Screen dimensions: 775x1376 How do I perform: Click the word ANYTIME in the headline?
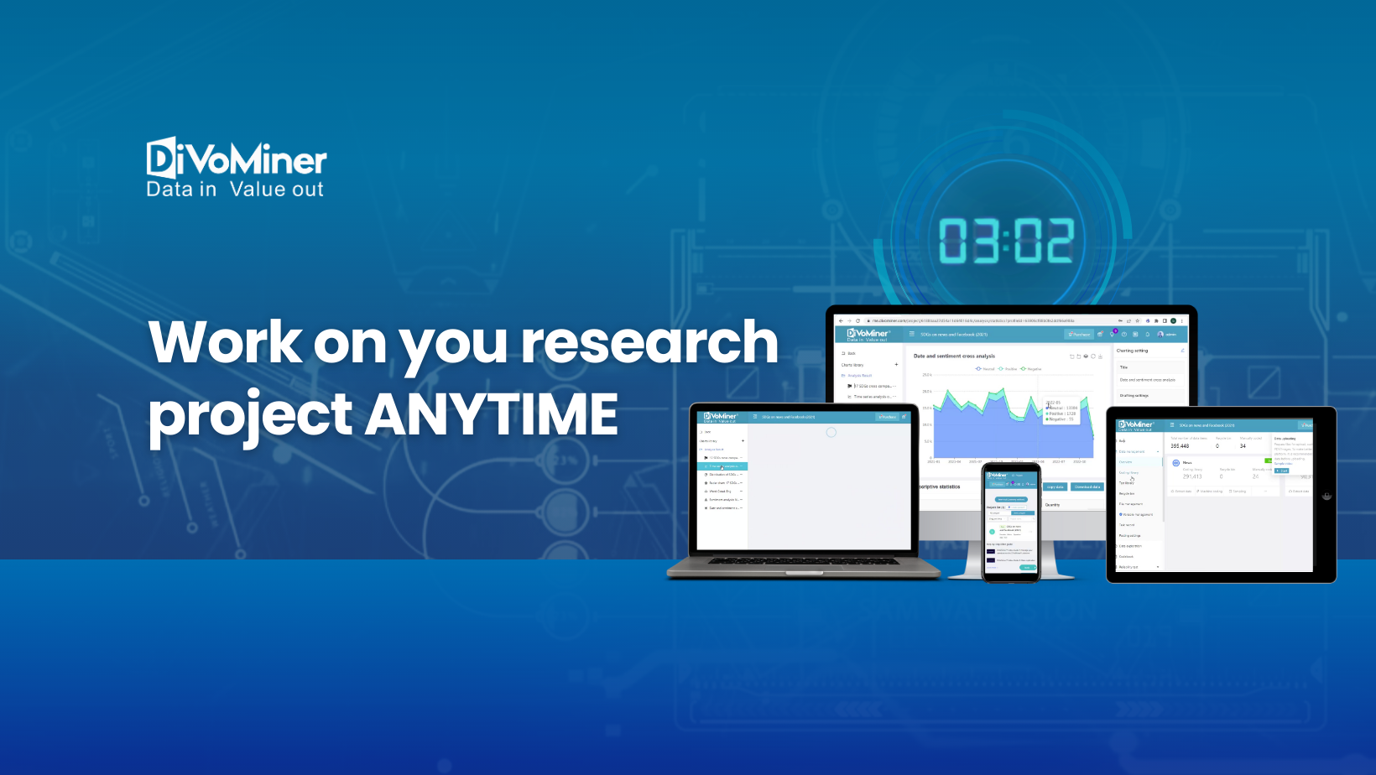tap(492, 414)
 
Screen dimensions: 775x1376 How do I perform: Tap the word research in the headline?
tap(649, 342)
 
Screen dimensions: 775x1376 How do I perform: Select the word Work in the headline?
tap(225, 342)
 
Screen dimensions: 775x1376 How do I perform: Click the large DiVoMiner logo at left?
tap(237, 159)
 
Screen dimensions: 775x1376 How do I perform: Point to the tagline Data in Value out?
tap(235, 190)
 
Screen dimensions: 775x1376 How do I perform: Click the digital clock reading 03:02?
tap(1005, 241)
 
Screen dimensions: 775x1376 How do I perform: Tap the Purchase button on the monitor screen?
tap(1079, 334)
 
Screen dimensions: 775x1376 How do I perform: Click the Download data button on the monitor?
tap(1087, 486)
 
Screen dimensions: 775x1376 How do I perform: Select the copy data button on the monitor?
tap(1055, 486)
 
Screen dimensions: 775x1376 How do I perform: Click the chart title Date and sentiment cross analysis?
tap(954, 356)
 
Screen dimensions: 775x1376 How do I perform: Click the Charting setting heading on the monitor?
tap(1132, 351)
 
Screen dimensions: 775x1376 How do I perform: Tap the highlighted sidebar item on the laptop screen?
tap(722, 466)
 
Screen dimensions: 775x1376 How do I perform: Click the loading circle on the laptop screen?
tap(831, 433)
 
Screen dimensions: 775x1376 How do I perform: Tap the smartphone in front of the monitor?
tap(1011, 522)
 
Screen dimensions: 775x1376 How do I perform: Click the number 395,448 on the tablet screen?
tap(1180, 446)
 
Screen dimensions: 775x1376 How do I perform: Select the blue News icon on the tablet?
tap(1175, 463)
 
